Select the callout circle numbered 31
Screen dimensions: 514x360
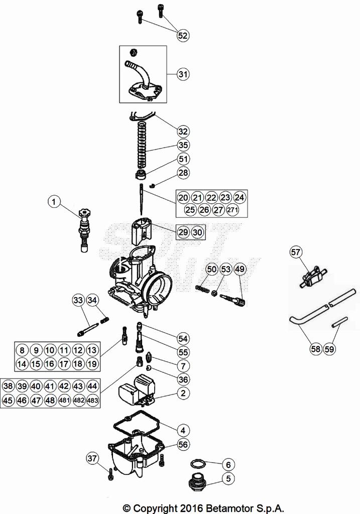pos(183,74)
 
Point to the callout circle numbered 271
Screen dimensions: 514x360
pos(232,210)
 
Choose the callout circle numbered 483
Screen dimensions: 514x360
pos(92,401)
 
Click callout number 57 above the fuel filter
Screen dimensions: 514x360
pos(295,252)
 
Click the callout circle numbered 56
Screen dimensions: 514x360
pos(183,445)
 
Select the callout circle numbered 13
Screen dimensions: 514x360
pos(91,350)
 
